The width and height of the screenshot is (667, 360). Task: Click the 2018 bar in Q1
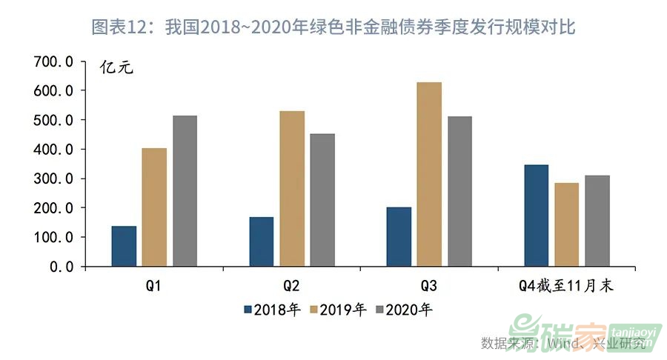[x=124, y=246]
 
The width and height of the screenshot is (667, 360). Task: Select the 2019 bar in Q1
[x=154, y=207]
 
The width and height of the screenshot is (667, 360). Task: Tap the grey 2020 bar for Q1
[x=185, y=191]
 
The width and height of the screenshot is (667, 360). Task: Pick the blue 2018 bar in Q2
[x=262, y=241]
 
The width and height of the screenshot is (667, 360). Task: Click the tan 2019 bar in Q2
[x=292, y=189]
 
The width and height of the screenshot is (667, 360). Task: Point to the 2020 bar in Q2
[x=322, y=200]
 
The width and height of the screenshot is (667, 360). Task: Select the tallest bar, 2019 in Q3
[x=429, y=174]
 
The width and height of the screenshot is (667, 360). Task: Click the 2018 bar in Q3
[x=399, y=236]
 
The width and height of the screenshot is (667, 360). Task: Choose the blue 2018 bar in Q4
[x=536, y=216]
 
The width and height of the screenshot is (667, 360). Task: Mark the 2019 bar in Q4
[x=566, y=224]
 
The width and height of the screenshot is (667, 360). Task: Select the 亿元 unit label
[x=118, y=68]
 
